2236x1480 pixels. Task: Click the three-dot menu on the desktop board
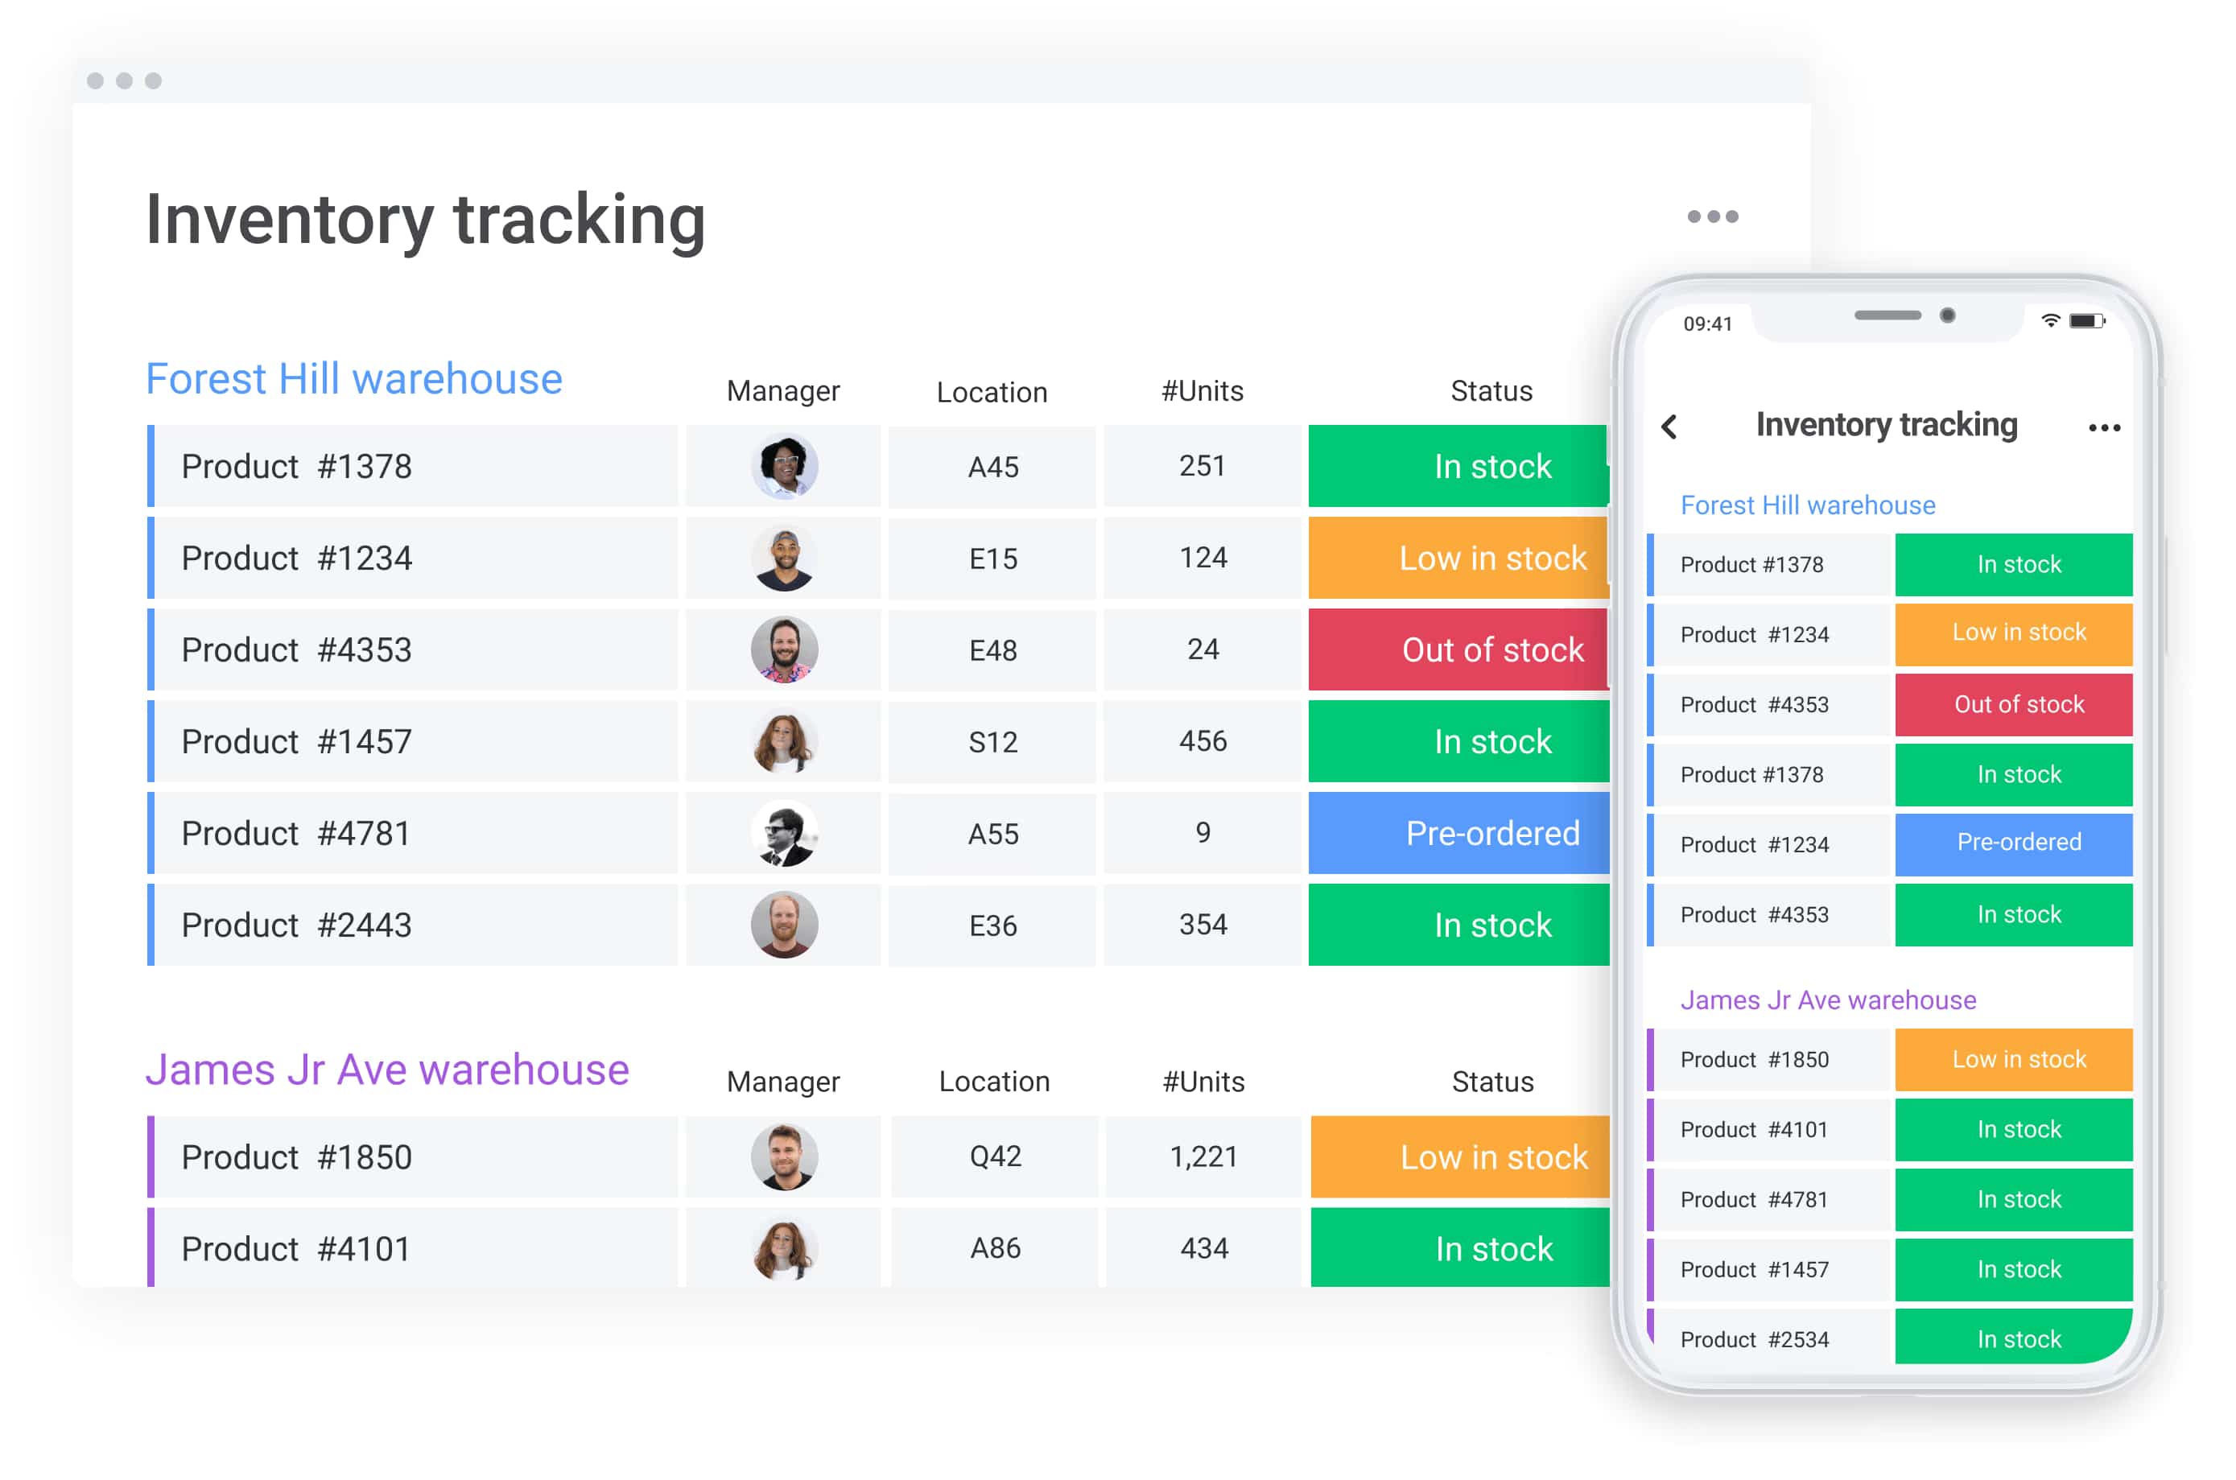(x=1711, y=217)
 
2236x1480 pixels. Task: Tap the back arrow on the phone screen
(x=1669, y=427)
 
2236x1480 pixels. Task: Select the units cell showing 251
(x=1202, y=466)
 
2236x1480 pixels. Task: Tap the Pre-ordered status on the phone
(x=2017, y=843)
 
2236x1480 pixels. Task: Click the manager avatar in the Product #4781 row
(x=783, y=834)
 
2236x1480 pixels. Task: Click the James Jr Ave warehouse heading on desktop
(x=387, y=1070)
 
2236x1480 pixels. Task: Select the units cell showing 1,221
(x=1203, y=1157)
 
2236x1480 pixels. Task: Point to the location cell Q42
(x=995, y=1157)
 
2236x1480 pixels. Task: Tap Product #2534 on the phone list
(x=1754, y=1339)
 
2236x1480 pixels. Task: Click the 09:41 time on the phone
(x=1706, y=324)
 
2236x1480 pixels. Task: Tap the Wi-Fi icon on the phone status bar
(x=2049, y=321)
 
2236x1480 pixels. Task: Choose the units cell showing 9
(x=1202, y=834)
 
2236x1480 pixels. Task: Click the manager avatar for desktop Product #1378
(x=783, y=466)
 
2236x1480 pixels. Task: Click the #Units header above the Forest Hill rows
(x=1202, y=392)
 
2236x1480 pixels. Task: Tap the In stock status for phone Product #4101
(x=2017, y=1130)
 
